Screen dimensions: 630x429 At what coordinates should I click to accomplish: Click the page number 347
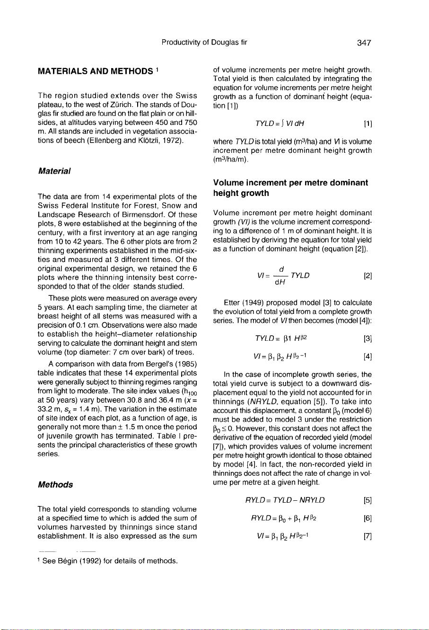coord(364,43)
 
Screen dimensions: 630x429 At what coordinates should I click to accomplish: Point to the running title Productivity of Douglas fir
coord(204,43)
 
